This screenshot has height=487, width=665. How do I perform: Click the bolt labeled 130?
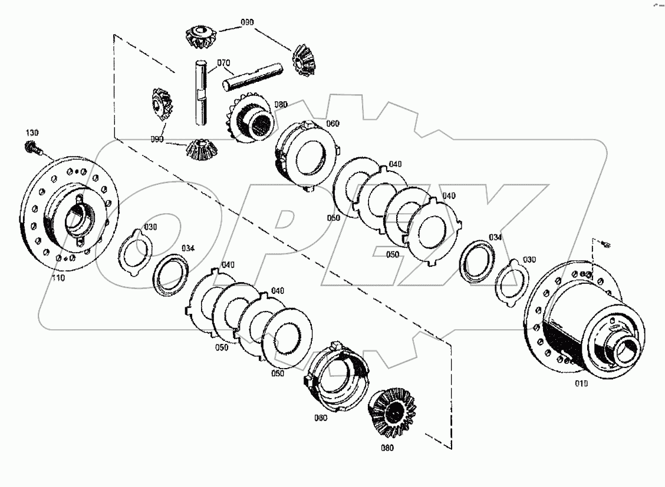(31, 147)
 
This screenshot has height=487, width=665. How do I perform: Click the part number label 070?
(223, 62)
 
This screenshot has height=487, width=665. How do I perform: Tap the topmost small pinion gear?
(199, 37)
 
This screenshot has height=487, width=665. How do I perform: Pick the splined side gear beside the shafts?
(251, 118)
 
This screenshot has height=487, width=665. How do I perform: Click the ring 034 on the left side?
(171, 274)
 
